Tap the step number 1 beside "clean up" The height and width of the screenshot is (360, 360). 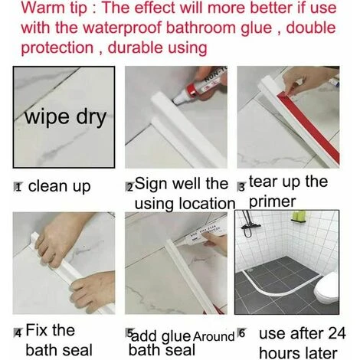coord(18,187)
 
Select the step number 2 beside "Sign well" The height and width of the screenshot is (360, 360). coord(129,187)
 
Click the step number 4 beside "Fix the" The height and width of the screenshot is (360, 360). coord(18,333)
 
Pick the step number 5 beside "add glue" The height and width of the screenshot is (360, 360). coord(129,334)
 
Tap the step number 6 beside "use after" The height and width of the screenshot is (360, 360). coord(241,334)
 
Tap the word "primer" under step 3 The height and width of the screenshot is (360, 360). coord(271,202)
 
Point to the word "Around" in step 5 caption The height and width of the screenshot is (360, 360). coord(214,336)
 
